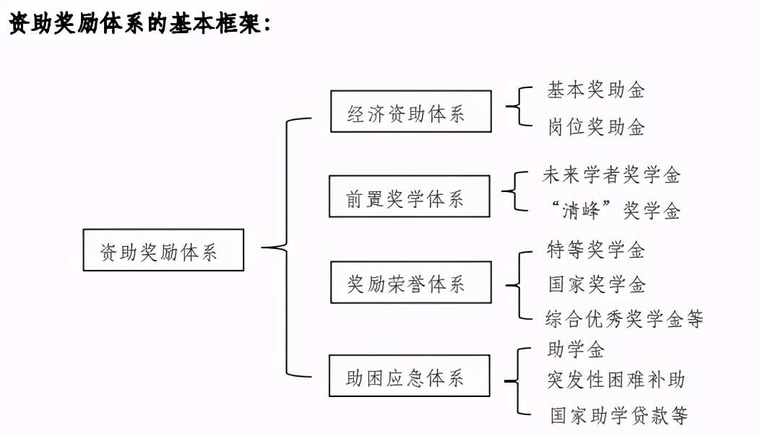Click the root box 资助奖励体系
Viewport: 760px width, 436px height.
(163, 250)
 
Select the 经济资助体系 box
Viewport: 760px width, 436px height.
(410, 111)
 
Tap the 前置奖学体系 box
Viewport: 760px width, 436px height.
(410, 196)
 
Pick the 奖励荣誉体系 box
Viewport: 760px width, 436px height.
(410, 282)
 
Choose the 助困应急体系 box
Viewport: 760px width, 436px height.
(410, 375)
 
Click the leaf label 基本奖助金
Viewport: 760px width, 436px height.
(595, 90)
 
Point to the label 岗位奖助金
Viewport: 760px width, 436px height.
(595, 127)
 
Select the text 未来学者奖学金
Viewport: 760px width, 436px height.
(611, 174)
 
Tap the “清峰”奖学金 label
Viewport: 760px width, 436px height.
(611, 210)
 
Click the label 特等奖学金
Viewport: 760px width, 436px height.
(595, 249)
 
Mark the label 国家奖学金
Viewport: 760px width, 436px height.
(595, 284)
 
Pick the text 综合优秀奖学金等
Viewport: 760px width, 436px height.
(624, 318)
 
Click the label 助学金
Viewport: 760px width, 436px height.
(576, 350)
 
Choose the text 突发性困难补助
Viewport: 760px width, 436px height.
(616, 379)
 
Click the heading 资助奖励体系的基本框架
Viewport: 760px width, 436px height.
(139, 25)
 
